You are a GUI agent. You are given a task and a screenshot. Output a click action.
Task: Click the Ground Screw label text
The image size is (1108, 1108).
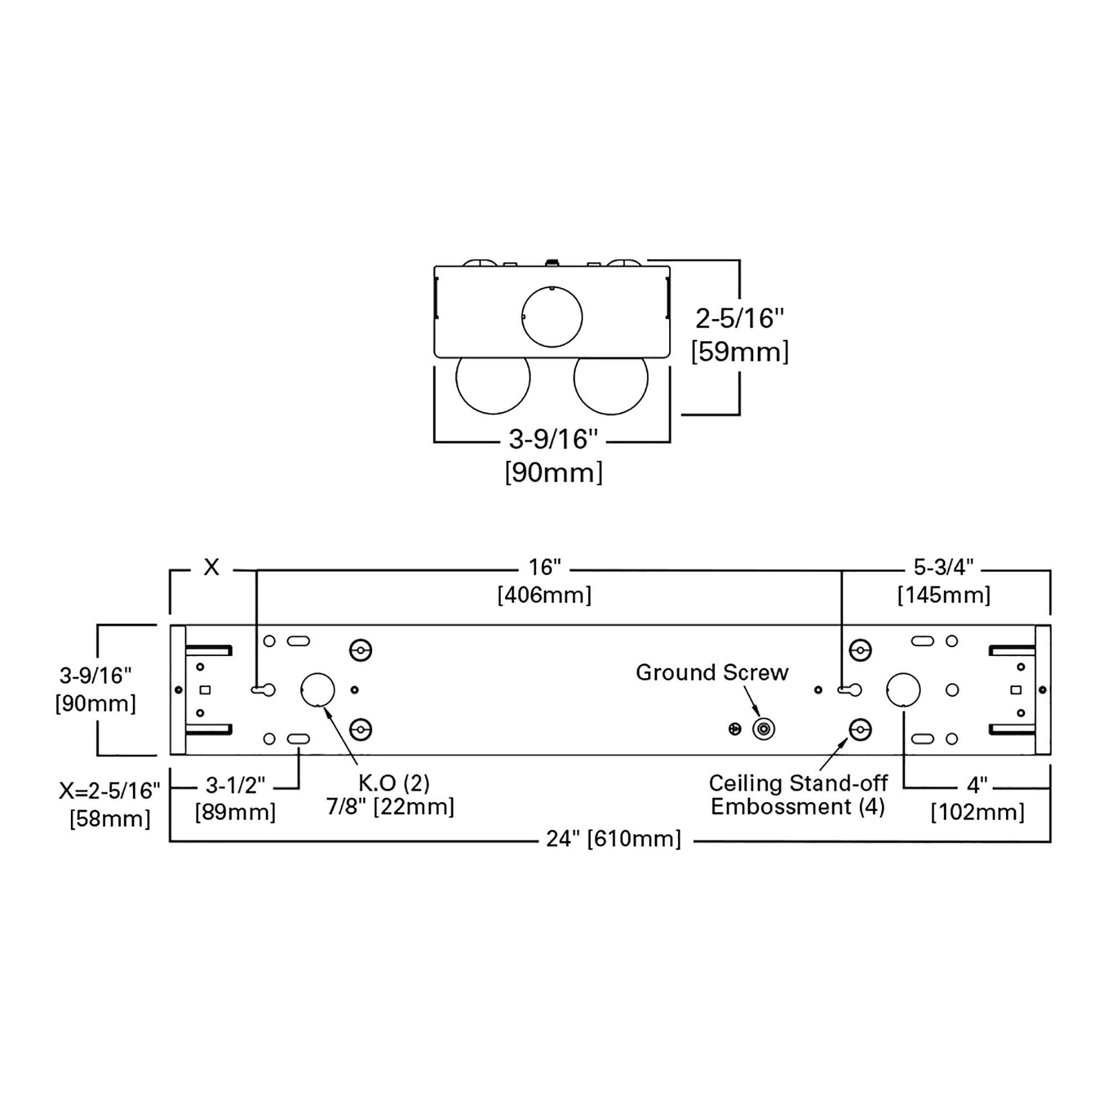click(x=712, y=672)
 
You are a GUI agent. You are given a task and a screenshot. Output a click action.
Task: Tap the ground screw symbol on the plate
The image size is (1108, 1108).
click(x=763, y=730)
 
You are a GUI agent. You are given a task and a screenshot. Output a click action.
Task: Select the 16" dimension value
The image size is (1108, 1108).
click(x=544, y=567)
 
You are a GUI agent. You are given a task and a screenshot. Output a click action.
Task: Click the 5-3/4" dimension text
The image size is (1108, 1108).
click(x=943, y=567)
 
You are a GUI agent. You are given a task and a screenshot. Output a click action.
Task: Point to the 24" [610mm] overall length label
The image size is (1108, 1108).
click(x=614, y=838)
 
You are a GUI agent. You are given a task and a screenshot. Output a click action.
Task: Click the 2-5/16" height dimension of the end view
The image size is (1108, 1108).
click(x=739, y=319)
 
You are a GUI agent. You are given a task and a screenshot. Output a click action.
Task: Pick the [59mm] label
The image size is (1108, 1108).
click(x=740, y=352)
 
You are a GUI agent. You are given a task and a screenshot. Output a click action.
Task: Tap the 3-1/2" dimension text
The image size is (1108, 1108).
click(x=235, y=785)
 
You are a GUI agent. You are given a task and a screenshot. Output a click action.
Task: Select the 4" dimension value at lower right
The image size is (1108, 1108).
click(x=977, y=785)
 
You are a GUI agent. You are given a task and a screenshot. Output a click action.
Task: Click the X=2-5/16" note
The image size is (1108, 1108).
click(x=110, y=791)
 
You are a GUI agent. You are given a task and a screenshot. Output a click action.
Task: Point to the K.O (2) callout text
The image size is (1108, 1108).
click(x=394, y=782)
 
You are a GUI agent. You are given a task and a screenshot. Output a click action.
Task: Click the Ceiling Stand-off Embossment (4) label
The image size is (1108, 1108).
click(x=798, y=794)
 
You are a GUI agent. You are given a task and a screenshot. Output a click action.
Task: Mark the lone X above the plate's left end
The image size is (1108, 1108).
click(x=212, y=567)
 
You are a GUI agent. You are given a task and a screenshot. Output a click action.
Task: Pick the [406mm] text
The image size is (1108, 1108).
click(x=544, y=596)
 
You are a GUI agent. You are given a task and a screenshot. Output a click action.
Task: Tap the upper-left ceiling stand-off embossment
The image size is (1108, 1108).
click(x=361, y=650)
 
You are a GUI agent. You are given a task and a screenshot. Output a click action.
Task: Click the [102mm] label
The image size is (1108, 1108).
click(x=977, y=812)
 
